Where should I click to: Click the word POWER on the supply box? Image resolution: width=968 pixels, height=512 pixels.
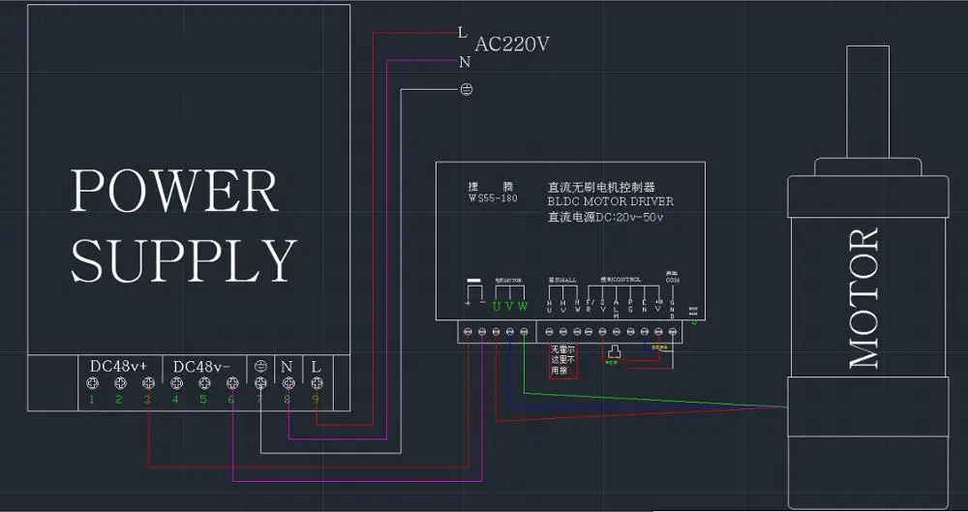pyautogui.click(x=174, y=191)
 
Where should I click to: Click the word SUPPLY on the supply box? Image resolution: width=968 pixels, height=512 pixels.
pyautogui.click(x=182, y=259)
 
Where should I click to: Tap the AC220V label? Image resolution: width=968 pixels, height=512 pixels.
pyautogui.click(x=512, y=45)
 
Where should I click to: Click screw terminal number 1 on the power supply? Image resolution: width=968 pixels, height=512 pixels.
pyautogui.click(x=92, y=384)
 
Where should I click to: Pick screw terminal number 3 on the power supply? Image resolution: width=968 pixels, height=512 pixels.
pyautogui.click(x=147, y=384)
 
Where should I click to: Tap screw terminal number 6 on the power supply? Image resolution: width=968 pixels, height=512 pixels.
pyautogui.click(x=230, y=384)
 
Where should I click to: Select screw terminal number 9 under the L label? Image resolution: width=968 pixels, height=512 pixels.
pyautogui.click(x=315, y=384)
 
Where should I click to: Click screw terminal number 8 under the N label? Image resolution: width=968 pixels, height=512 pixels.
pyautogui.click(x=287, y=384)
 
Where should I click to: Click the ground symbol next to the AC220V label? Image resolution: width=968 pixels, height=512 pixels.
pyautogui.click(x=465, y=89)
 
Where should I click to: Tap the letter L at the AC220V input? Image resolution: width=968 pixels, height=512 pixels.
pyautogui.click(x=463, y=32)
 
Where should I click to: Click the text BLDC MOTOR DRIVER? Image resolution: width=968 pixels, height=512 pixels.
pyautogui.click(x=610, y=201)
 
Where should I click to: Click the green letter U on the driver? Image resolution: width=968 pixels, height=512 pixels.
pyautogui.click(x=496, y=307)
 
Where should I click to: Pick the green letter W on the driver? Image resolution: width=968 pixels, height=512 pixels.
pyautogui.click(x=523, y=307)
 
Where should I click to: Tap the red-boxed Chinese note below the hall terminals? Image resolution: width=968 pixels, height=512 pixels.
pyautogui.click(x=563, y=358)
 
